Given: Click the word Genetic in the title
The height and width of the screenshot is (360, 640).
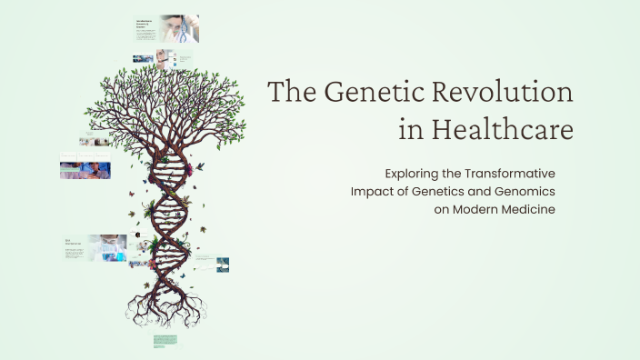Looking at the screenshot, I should click(x=358, y=94).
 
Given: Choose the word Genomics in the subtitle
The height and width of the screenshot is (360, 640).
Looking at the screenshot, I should click(x=522, y=191).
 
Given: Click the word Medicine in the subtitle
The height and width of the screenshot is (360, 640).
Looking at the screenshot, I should click(x=529, y=209).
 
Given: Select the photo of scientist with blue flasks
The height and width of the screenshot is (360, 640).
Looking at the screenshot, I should click(x=107, y=247).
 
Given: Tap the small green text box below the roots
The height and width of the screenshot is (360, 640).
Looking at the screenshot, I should click(x=165, y=341).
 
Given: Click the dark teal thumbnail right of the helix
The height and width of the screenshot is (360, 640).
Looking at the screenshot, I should click(x=222, y=265).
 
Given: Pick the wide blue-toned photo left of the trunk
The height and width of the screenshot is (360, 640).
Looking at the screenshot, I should click(x=85, y=170).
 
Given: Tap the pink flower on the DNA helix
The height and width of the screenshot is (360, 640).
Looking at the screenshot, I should click(x=157, y=244).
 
